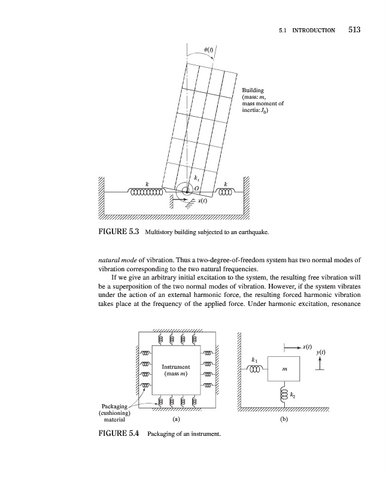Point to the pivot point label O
click(x=195, y=189)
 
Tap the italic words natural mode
click(x=116, y=262)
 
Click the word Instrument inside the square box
click(x=176, y=366)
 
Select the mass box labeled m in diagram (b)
click(x=284, y=371)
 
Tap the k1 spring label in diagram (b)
click(x=256, y=360)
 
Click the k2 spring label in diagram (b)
click(x=292, y=395)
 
